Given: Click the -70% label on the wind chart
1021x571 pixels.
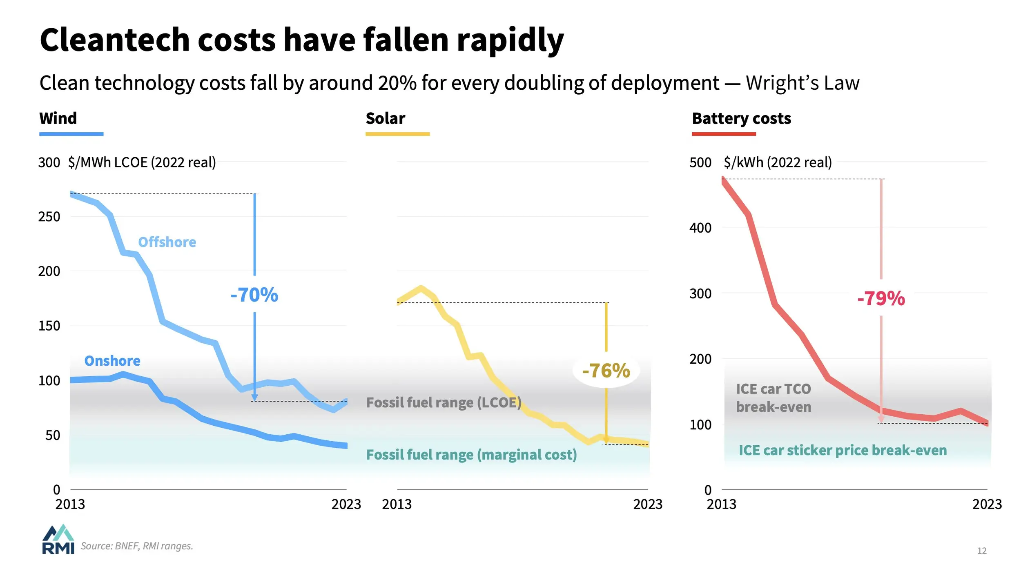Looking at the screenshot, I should click(x=254, y=295).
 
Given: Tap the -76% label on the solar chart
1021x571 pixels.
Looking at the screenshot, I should click(x=606, y=371).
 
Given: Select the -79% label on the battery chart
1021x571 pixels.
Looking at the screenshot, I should click(x=881, y=298).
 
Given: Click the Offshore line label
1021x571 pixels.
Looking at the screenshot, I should click(x=167, y=242).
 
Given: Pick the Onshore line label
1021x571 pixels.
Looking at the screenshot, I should click(x=112, y=361).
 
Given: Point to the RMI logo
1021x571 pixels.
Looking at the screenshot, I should click(x=58, y=540).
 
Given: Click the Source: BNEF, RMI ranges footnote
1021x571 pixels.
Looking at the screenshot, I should click(x=137, y=546).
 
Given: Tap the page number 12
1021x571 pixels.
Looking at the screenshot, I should click(x=982, y=551).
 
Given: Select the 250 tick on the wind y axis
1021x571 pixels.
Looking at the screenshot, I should click(x=49, y=217).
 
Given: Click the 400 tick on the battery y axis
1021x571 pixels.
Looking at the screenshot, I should click(x=700, y=228).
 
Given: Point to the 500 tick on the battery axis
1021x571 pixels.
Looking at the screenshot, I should click(x=700, y=162).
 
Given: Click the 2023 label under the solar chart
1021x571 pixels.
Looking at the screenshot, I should click(x=648, y=504).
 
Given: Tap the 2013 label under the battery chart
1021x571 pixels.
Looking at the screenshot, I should click(x=721, y=504).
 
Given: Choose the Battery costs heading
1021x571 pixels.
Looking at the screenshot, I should click(x=741, y=118).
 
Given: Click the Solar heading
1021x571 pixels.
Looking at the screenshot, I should click(x=385, y=118).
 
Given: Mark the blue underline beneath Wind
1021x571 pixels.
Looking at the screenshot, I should click(x=71, y=134).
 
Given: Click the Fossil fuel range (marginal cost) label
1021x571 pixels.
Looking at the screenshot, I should click(x=471, y=455).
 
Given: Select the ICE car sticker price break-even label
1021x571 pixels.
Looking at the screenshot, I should click(x=843, y=450).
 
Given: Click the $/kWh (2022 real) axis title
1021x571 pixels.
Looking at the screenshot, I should click(x=778, y=162).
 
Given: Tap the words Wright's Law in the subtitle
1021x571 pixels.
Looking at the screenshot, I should click(x=802, y=83).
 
